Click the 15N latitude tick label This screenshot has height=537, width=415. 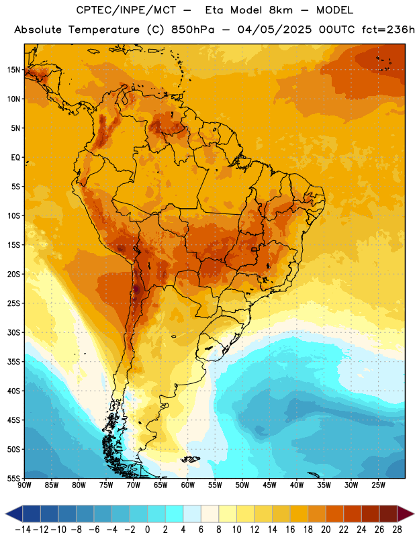pos(13,70)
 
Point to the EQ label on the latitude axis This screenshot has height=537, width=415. pos(15,158)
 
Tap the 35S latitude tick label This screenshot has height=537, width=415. pos(13,362)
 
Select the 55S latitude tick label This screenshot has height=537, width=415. pos(13,479)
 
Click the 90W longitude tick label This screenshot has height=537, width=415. pos(25,485)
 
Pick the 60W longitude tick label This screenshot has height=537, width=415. pos(188,485)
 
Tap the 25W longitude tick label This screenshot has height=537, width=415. pos(378,485)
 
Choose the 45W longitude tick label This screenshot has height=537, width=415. pos(269,485)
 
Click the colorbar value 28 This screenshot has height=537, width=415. pos(397,530)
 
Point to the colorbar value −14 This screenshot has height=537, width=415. pos(23,530)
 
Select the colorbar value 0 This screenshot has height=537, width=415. pos(148,530)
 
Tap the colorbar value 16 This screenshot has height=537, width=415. pos(290,530)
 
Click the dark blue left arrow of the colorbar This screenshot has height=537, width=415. pos(14,514)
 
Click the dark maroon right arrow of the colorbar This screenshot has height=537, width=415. pos(406,514)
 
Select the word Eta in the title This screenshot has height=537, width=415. pos(214,10)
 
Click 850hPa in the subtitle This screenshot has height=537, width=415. pos(193,30)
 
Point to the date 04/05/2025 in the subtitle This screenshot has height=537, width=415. pos(275,30)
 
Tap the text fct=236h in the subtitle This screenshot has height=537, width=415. pos(388,30)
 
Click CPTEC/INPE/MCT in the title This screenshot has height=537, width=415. pos(126,10)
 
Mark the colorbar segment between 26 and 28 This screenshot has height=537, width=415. pos(388,514)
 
